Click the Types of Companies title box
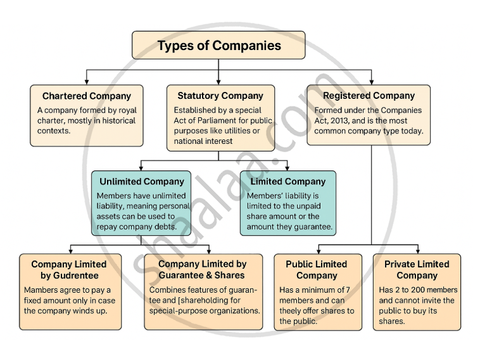[218, 46]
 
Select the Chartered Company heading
[86, 96]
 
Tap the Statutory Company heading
[220, 96]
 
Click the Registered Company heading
[369, 96]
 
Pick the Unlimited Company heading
[142, 181]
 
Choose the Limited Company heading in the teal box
[287, 181]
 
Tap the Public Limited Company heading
[317, 270]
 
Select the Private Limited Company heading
[417, 270]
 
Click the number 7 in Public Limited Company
[351, 290]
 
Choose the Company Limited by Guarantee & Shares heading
[203, 270]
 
